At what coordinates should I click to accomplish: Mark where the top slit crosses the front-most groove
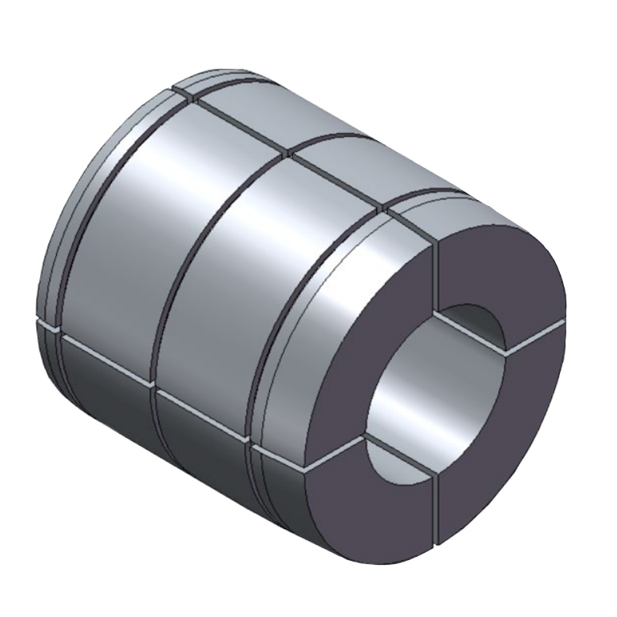[x=383, y=208]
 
